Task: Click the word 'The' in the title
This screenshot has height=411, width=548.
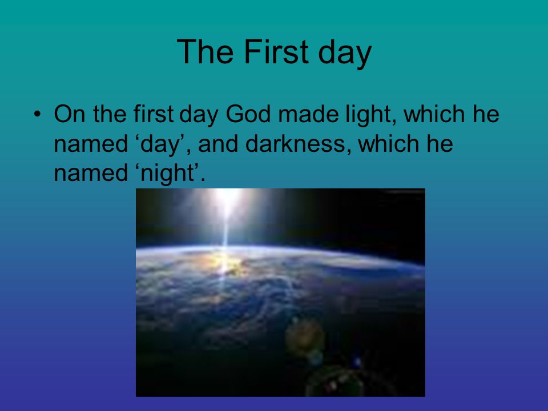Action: pyautogui.click(x=205, y=51)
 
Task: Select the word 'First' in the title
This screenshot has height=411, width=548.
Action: pyautogui.click(x=276, y=51)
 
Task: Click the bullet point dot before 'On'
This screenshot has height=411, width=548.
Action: pyautogui.click(x=38, y=114)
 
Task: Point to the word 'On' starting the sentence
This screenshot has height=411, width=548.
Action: pyautogui.click(x=69, y=114)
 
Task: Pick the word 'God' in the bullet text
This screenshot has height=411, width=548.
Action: pyautogui.click(x=248, y=114)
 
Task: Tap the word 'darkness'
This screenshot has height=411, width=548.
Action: pyautogui.click(x=295, y=144)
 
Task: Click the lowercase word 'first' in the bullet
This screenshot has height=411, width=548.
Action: pyautogui.click(x=154, y=114)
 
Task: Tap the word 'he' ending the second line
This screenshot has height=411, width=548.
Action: pyautogui.click(x=440, y=144)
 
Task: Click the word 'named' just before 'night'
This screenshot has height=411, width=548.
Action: pyautogui.click(x=91, y=173)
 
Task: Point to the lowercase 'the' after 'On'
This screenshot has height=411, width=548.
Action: pyautogui.click(x=110, y=114)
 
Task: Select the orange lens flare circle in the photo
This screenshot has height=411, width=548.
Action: pyautogui.click(x=305, y=337)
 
